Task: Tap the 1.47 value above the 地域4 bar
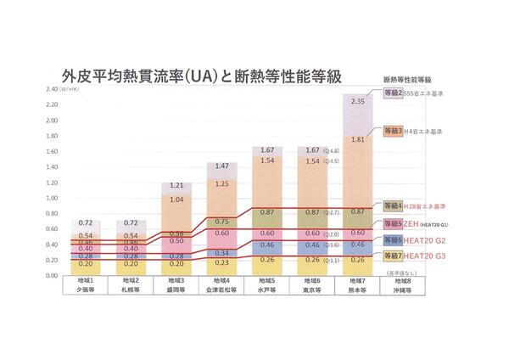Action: point(221,166)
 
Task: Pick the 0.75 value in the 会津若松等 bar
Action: point(221,221)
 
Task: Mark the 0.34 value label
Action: point(221,253)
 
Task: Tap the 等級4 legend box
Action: point(393,206)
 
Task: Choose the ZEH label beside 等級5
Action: point(414,224)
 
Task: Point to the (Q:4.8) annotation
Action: point(332,151)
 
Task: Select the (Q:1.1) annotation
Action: point(332,261)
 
